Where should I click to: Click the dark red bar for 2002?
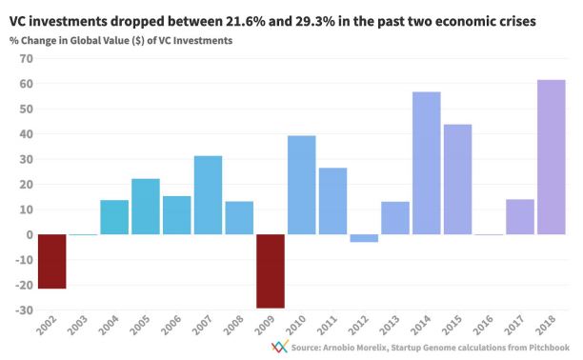point(52,262)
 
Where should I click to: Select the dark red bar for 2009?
point(271,271)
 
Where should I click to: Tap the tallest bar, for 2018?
point(552,157)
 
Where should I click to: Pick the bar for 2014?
point(427,163)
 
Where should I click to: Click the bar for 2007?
point(209,195)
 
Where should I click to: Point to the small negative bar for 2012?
point(364,238)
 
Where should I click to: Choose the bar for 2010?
point(302,185)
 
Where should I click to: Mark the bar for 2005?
point(146,207)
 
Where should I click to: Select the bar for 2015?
point(457,179)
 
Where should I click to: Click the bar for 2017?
point(520,217)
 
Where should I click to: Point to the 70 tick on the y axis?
point(26,59)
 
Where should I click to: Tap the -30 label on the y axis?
point(24,310)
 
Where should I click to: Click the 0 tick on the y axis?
point(30,234)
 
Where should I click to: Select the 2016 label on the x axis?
point(484,325)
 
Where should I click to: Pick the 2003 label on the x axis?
point(78,325)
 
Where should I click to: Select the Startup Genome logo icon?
point(280,347)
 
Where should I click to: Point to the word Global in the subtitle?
point(83,41)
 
